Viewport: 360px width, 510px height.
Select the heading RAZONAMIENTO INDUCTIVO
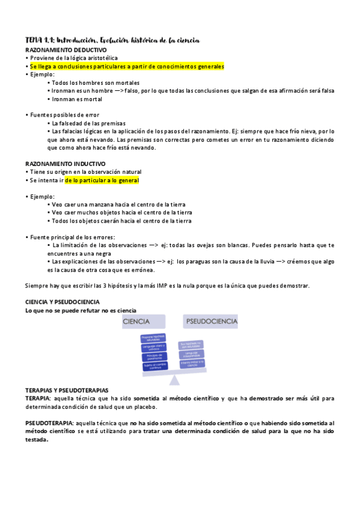pyautogui.click(x=57, y=164)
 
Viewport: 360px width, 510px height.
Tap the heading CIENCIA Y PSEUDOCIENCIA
pyautogui.click(x=63, y=302)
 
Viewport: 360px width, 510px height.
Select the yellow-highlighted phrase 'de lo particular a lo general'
pyautogui.click(x=102, y=180)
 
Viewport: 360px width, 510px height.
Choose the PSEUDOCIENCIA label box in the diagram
pyautogui.click(x=211, y=322)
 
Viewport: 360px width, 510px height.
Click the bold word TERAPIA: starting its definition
pyautogui.click(x=38, y=399)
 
